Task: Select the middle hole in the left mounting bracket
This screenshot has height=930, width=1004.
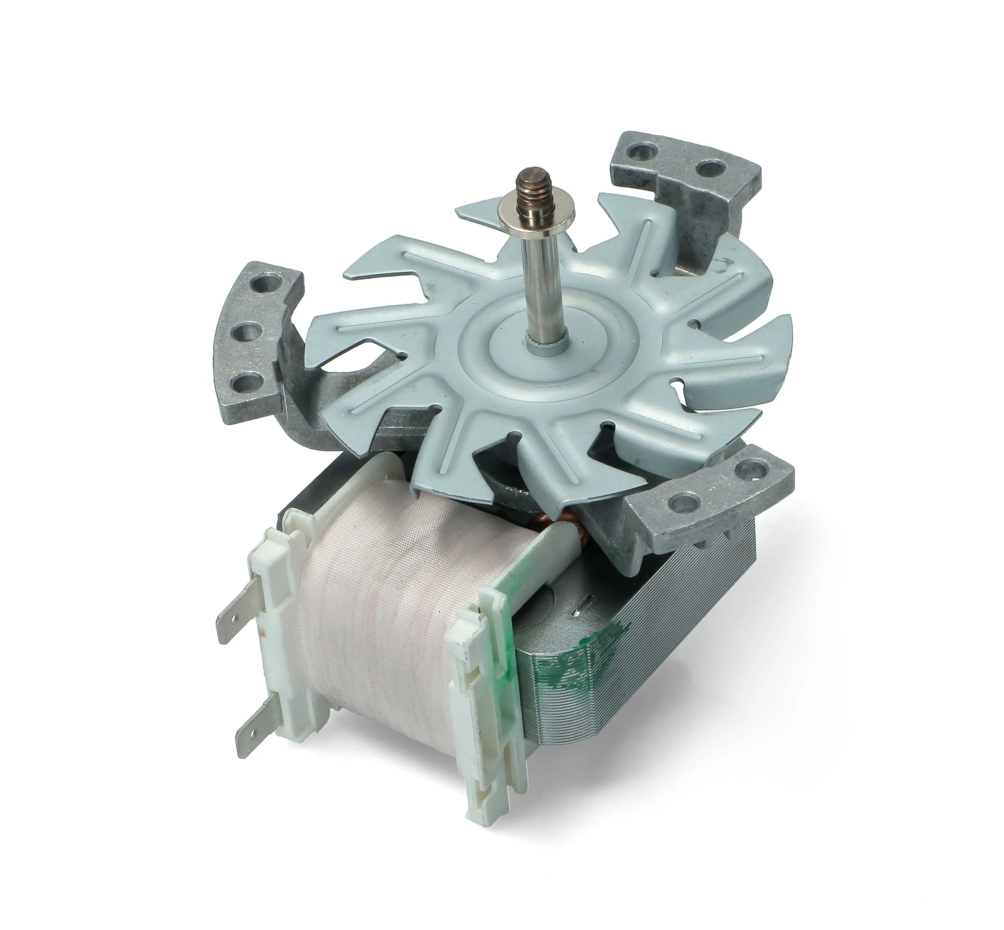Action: tap(246, 332)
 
